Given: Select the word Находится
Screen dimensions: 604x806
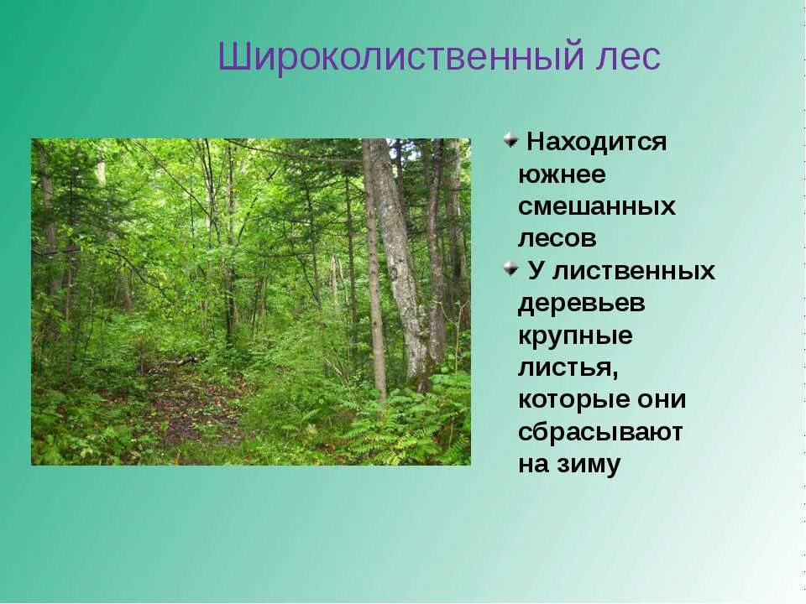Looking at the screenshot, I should click(x=596, y=142).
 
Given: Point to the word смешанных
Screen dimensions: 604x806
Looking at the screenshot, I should click(x=596, y=206).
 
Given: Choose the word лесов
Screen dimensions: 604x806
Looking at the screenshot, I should click(x=557, y=238).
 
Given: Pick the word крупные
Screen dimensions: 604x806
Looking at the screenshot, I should click(x=575, y=336).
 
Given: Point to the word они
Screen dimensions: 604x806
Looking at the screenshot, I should click(x=664, y=400).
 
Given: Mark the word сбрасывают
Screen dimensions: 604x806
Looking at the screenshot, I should click(x=600, y=432).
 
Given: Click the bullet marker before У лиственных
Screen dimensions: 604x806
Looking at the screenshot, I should click(x=510, y=268).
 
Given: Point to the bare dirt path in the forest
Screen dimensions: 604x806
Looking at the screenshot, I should click(x=189, y=411).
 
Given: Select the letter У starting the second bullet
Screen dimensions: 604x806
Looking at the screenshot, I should click(x=535, y=271).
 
